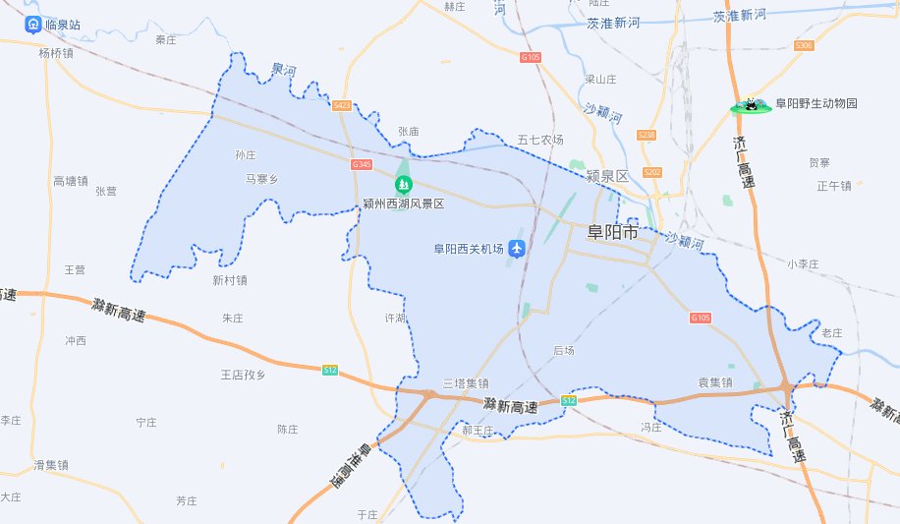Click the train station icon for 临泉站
34,24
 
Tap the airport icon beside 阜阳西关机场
518,249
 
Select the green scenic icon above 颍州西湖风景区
403,184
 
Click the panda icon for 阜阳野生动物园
752,104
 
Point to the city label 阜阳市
611,233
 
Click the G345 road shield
362,164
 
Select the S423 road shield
342,104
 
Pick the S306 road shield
805,46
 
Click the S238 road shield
646,135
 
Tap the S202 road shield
653,172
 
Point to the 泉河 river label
283,70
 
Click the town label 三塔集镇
465,383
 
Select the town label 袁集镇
715,382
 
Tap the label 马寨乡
261,179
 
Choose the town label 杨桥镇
56,53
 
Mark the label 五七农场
540,140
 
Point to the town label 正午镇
833,186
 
